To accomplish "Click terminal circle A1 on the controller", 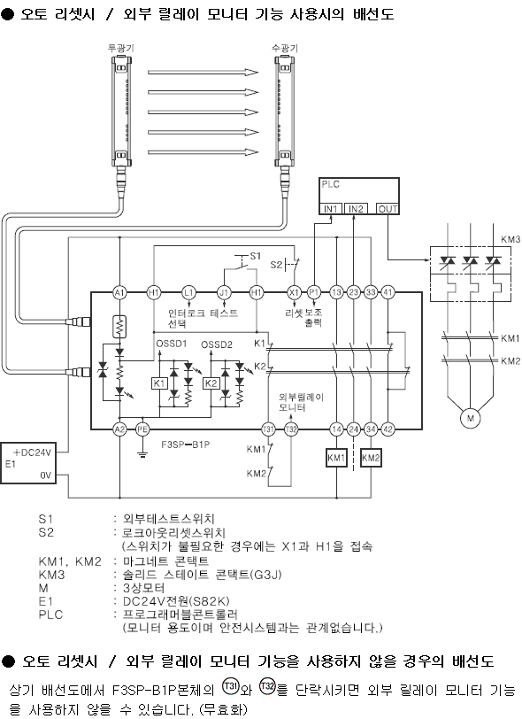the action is tap(119, 292).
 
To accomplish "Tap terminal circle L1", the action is tap(188, 292).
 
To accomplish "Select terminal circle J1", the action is tap(224, 292).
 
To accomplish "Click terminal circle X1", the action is tap(294, 292).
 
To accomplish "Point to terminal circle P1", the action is tap(314, 292).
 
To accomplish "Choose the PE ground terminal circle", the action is tap(142, 429).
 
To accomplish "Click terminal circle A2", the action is tap(119, 429).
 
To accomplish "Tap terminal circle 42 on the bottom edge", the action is tap(388, 429).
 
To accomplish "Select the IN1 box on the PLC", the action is tap(331, 209).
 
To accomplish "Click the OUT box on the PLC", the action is tap(388, 209).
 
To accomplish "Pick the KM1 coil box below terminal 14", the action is tap(336, 458).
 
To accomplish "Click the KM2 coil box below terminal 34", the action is tap(371, 458).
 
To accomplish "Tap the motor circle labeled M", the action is tap(470, 418).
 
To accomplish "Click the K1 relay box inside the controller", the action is tap(159, 383).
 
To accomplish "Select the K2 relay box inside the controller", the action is tap(211, 383).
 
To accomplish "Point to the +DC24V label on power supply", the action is tap(32, 452).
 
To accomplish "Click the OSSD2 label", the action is tap(216, 344).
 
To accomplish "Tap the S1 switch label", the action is tap(256, 256).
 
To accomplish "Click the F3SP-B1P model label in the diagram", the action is tap(186, 444).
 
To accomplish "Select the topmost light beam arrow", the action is tap(203, 72).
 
